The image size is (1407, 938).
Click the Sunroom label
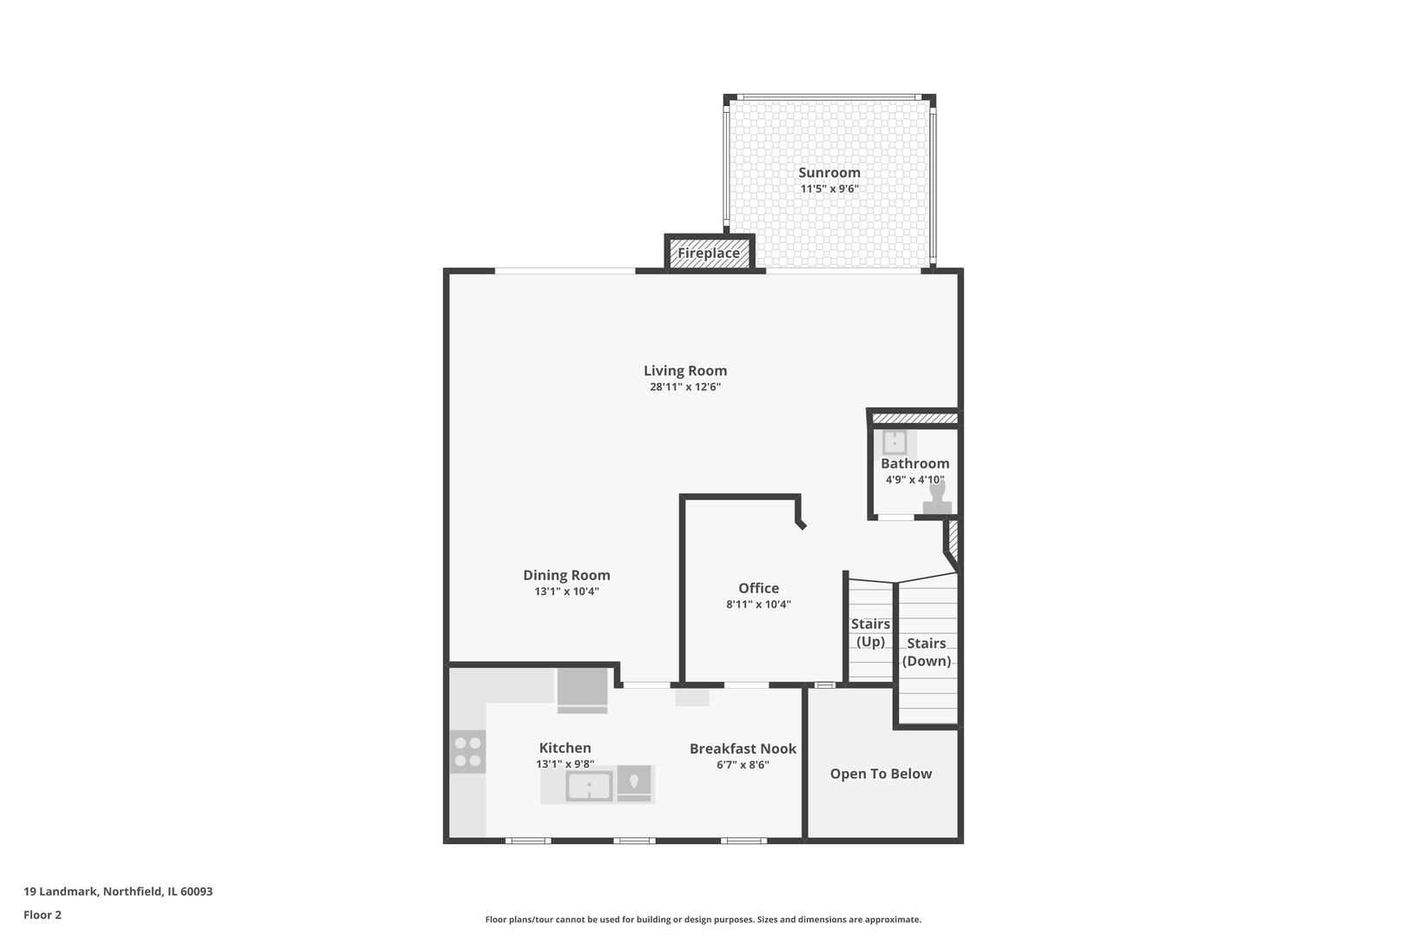coord(829,172)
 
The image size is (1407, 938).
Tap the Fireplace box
coord(709,253)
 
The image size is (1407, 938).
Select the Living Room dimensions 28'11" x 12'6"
coord(685,387)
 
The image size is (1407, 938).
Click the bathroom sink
coord(895,443)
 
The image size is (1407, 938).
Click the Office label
coord(758,588)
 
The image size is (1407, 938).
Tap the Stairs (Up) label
coord(870,632)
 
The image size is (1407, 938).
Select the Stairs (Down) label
coord(926,651)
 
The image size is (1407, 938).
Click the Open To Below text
coord(881,774)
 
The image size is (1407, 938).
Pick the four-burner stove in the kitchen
coord(468,752)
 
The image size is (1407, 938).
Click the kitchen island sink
coord(589,786)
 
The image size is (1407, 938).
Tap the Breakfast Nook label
coord(743,749)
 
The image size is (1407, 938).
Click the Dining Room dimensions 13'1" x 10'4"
coord(566,591)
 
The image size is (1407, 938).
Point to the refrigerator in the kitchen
coord(582,690)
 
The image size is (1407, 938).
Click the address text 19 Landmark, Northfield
coord(118,891)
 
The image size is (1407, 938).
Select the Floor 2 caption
coord(43,915)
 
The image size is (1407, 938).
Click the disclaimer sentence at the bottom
coord(703,919)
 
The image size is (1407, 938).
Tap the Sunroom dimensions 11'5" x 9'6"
coord(829,188)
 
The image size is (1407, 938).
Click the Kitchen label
coord(565,748)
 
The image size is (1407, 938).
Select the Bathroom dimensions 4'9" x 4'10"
coord(915,479)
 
